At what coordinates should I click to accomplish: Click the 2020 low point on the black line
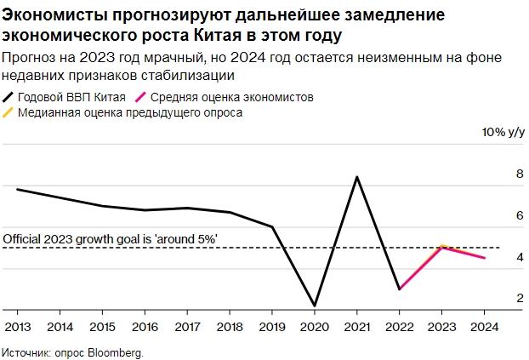pyautogui.click(x=314, y=306)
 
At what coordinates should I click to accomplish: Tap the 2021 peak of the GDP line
pyautogui.click(x=356, y=177)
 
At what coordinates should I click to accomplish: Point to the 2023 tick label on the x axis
pyautogui.click(x=441, y=326)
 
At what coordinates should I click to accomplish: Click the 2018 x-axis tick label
pyautogui.click(x=229, y=326)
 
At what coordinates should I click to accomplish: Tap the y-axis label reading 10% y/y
pyautogui.click(x=503, y=133)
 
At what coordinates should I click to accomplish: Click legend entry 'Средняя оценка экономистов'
pyautogui.click(x=241, y=97)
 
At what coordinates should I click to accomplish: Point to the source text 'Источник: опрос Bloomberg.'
pyautogui.click(x=73, y=351)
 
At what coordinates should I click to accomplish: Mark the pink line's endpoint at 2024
pyautogui.click(x=484, y=258)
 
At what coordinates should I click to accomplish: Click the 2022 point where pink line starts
pyautogui.click(x=399, y=289)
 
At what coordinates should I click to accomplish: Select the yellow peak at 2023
pyautogui.click(x=441, y=245)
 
